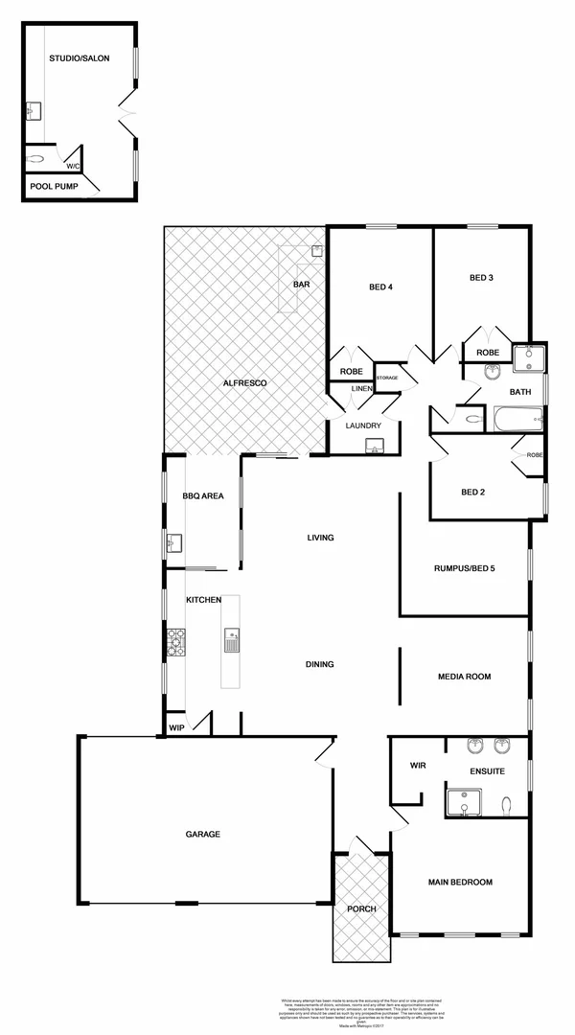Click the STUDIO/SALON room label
80,58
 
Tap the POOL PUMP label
53,187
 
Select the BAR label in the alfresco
302,285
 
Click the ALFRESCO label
244,383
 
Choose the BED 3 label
481,278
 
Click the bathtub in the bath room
517,419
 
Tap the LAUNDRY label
364,425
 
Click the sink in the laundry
376,444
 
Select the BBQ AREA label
203,495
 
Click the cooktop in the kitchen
176,641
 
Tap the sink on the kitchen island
232,639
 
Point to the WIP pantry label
176,727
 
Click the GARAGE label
203,834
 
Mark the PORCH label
362,908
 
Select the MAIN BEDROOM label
460,882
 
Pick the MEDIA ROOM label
464,677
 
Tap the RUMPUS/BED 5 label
464,567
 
